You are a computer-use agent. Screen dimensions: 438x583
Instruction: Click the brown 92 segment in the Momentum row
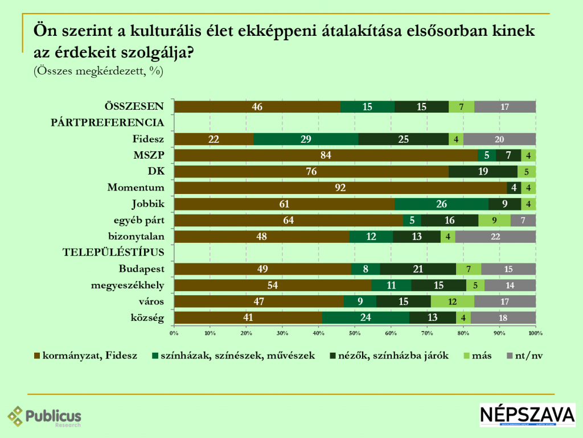click(x=340, y=188)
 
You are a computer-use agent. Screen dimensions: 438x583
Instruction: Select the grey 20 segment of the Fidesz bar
click(x=499, y=139)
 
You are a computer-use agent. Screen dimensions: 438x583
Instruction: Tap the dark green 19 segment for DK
click(x=483, y=172)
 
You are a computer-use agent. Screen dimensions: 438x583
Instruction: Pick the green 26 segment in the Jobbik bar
click(x=441, y=204)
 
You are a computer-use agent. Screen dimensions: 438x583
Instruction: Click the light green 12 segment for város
click(x=452, y=301)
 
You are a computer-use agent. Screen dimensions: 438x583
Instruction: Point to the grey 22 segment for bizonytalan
click(x=495, y=237)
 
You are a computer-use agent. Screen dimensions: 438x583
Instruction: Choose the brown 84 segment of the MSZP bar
click(x=326, y=155)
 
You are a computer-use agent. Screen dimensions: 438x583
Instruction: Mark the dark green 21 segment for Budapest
click(x=418, y=269)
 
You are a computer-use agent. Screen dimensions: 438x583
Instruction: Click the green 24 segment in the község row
click(x=366, y=318)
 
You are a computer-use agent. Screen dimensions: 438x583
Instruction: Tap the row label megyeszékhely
click(x=128, y=285)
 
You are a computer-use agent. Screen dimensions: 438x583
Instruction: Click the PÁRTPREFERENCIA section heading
click(x=108, y=122)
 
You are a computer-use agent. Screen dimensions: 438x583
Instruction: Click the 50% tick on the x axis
click(x=355, y=332)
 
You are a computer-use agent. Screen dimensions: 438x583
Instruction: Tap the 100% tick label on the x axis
click(x=535, y=332)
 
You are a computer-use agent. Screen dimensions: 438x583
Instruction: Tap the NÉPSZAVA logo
click(x=527, y=415)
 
